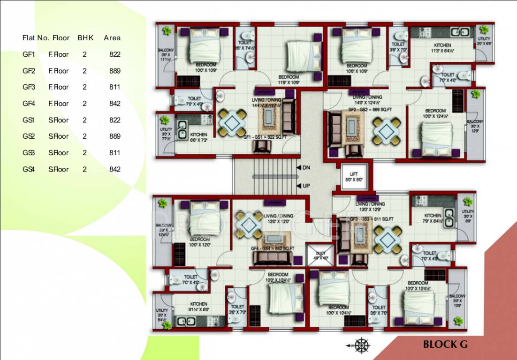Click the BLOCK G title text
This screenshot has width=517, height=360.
point(445,345)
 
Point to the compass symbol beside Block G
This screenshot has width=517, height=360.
point(360,345)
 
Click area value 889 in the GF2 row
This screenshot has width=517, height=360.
point(114,71)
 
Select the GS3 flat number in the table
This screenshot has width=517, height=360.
point(29,153)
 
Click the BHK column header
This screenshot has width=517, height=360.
point(85,38)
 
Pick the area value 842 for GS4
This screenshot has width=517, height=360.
point(114,169)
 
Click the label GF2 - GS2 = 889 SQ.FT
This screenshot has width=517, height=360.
point(370,110)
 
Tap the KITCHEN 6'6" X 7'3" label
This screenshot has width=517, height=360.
point(198,137)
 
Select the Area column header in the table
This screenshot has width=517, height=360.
point(112,38)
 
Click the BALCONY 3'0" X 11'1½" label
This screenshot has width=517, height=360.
point(165,55)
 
